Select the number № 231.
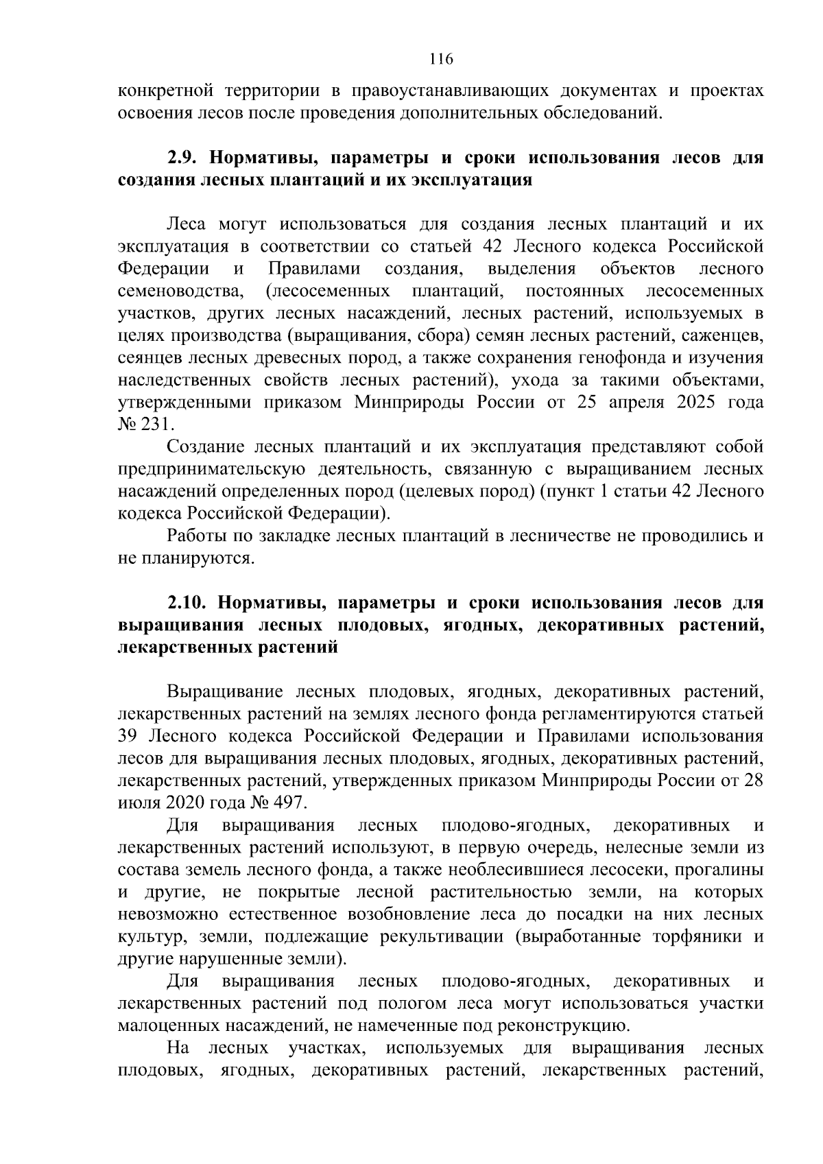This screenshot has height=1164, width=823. pos(141,425)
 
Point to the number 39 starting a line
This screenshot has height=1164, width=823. pos(128,736)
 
